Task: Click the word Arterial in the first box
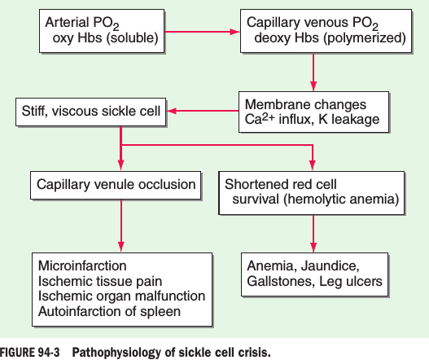tap(68, 22)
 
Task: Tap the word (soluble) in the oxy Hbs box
tap(132, 37)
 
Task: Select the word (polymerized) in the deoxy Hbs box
tap(365, 37)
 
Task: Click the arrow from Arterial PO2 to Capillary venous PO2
tap(202, 32)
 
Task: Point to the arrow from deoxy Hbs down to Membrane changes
tap(313, 72)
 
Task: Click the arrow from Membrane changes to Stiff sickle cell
tap(203, 111)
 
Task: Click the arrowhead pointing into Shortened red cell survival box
tap(313, 165)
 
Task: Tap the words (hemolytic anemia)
tap(341, 199)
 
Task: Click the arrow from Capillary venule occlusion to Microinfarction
tap(121, 226)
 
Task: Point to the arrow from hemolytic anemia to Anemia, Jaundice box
tap(313, 233)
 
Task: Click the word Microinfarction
tap(82, 266)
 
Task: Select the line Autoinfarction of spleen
tap(109, 312)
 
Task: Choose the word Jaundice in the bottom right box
tap(331, 266)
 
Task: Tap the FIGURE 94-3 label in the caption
tap(29, 353)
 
